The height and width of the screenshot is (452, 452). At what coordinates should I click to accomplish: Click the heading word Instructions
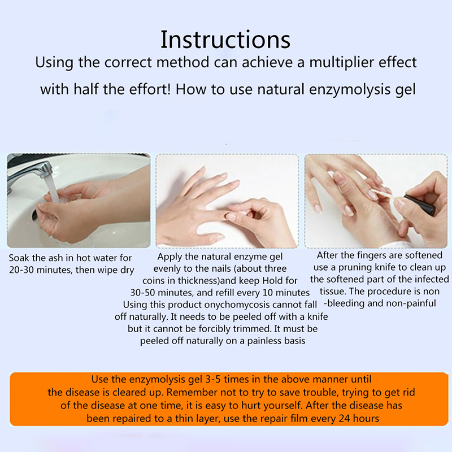point(225,40)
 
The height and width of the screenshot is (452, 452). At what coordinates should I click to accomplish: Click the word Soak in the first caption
point(18,258)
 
